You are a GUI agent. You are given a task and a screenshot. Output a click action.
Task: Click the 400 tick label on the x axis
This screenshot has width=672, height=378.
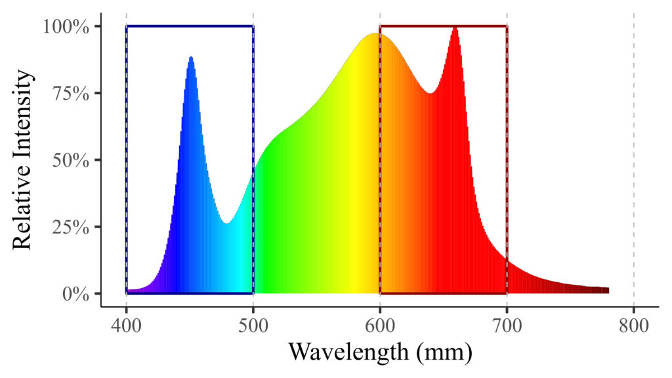(126, 326)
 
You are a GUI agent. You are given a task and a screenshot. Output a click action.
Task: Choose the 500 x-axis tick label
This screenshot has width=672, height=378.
(253, 326)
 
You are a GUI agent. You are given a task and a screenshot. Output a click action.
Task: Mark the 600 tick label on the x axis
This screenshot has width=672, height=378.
(380, 326)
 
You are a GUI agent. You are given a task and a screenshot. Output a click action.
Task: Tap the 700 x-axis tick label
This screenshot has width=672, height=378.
(507, 326)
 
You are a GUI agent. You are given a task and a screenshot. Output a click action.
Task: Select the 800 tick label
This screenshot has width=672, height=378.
(633, 326)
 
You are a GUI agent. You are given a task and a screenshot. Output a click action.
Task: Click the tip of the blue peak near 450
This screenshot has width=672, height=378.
(191, 57)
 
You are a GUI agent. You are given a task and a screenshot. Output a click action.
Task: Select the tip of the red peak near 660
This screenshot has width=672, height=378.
(455, 28)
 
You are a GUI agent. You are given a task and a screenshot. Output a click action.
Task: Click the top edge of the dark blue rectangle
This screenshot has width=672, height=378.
(190, 26)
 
